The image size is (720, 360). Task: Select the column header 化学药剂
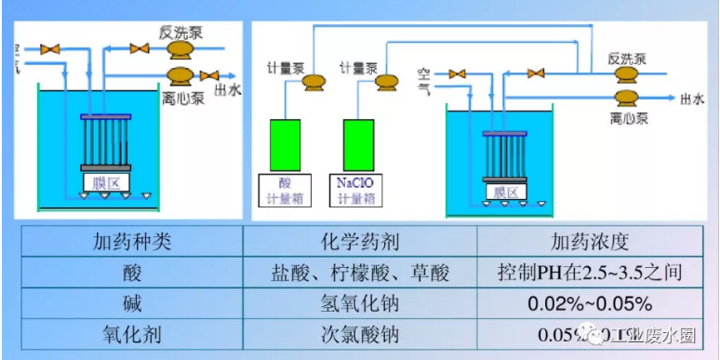(x=359, y=243)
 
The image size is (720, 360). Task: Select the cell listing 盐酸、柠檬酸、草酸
(x=359, y=273)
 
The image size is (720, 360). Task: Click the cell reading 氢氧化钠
(x=359, y=303)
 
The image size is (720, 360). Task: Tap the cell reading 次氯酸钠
(x=359, y=333)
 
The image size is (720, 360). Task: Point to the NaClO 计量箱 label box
(x=357, y=191)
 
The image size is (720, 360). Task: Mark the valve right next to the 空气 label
(x=457, y=73)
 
